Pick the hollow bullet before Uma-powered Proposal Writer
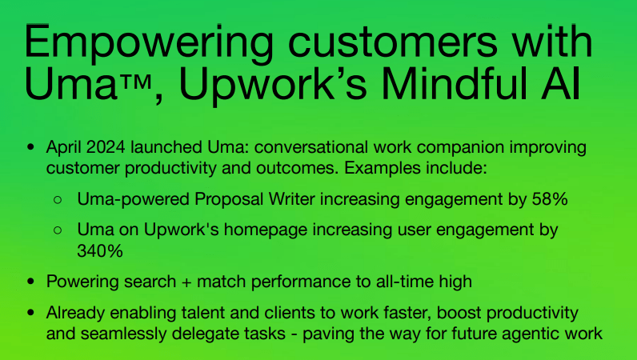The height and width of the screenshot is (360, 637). pyautogui.click(x=58, y=199)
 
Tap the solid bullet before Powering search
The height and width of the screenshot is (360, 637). pyautogui.click(x=30, y=282)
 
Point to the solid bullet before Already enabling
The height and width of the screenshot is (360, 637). pyautogui.click(x=30, y=314)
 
